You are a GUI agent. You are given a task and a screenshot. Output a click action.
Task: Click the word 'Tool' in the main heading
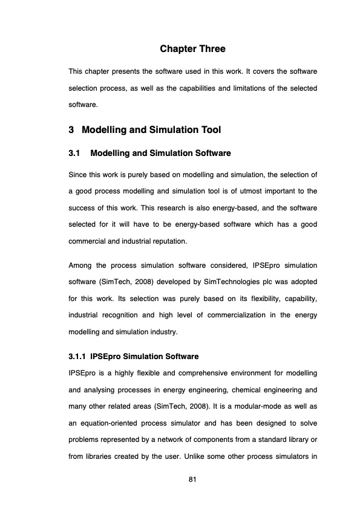208,130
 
